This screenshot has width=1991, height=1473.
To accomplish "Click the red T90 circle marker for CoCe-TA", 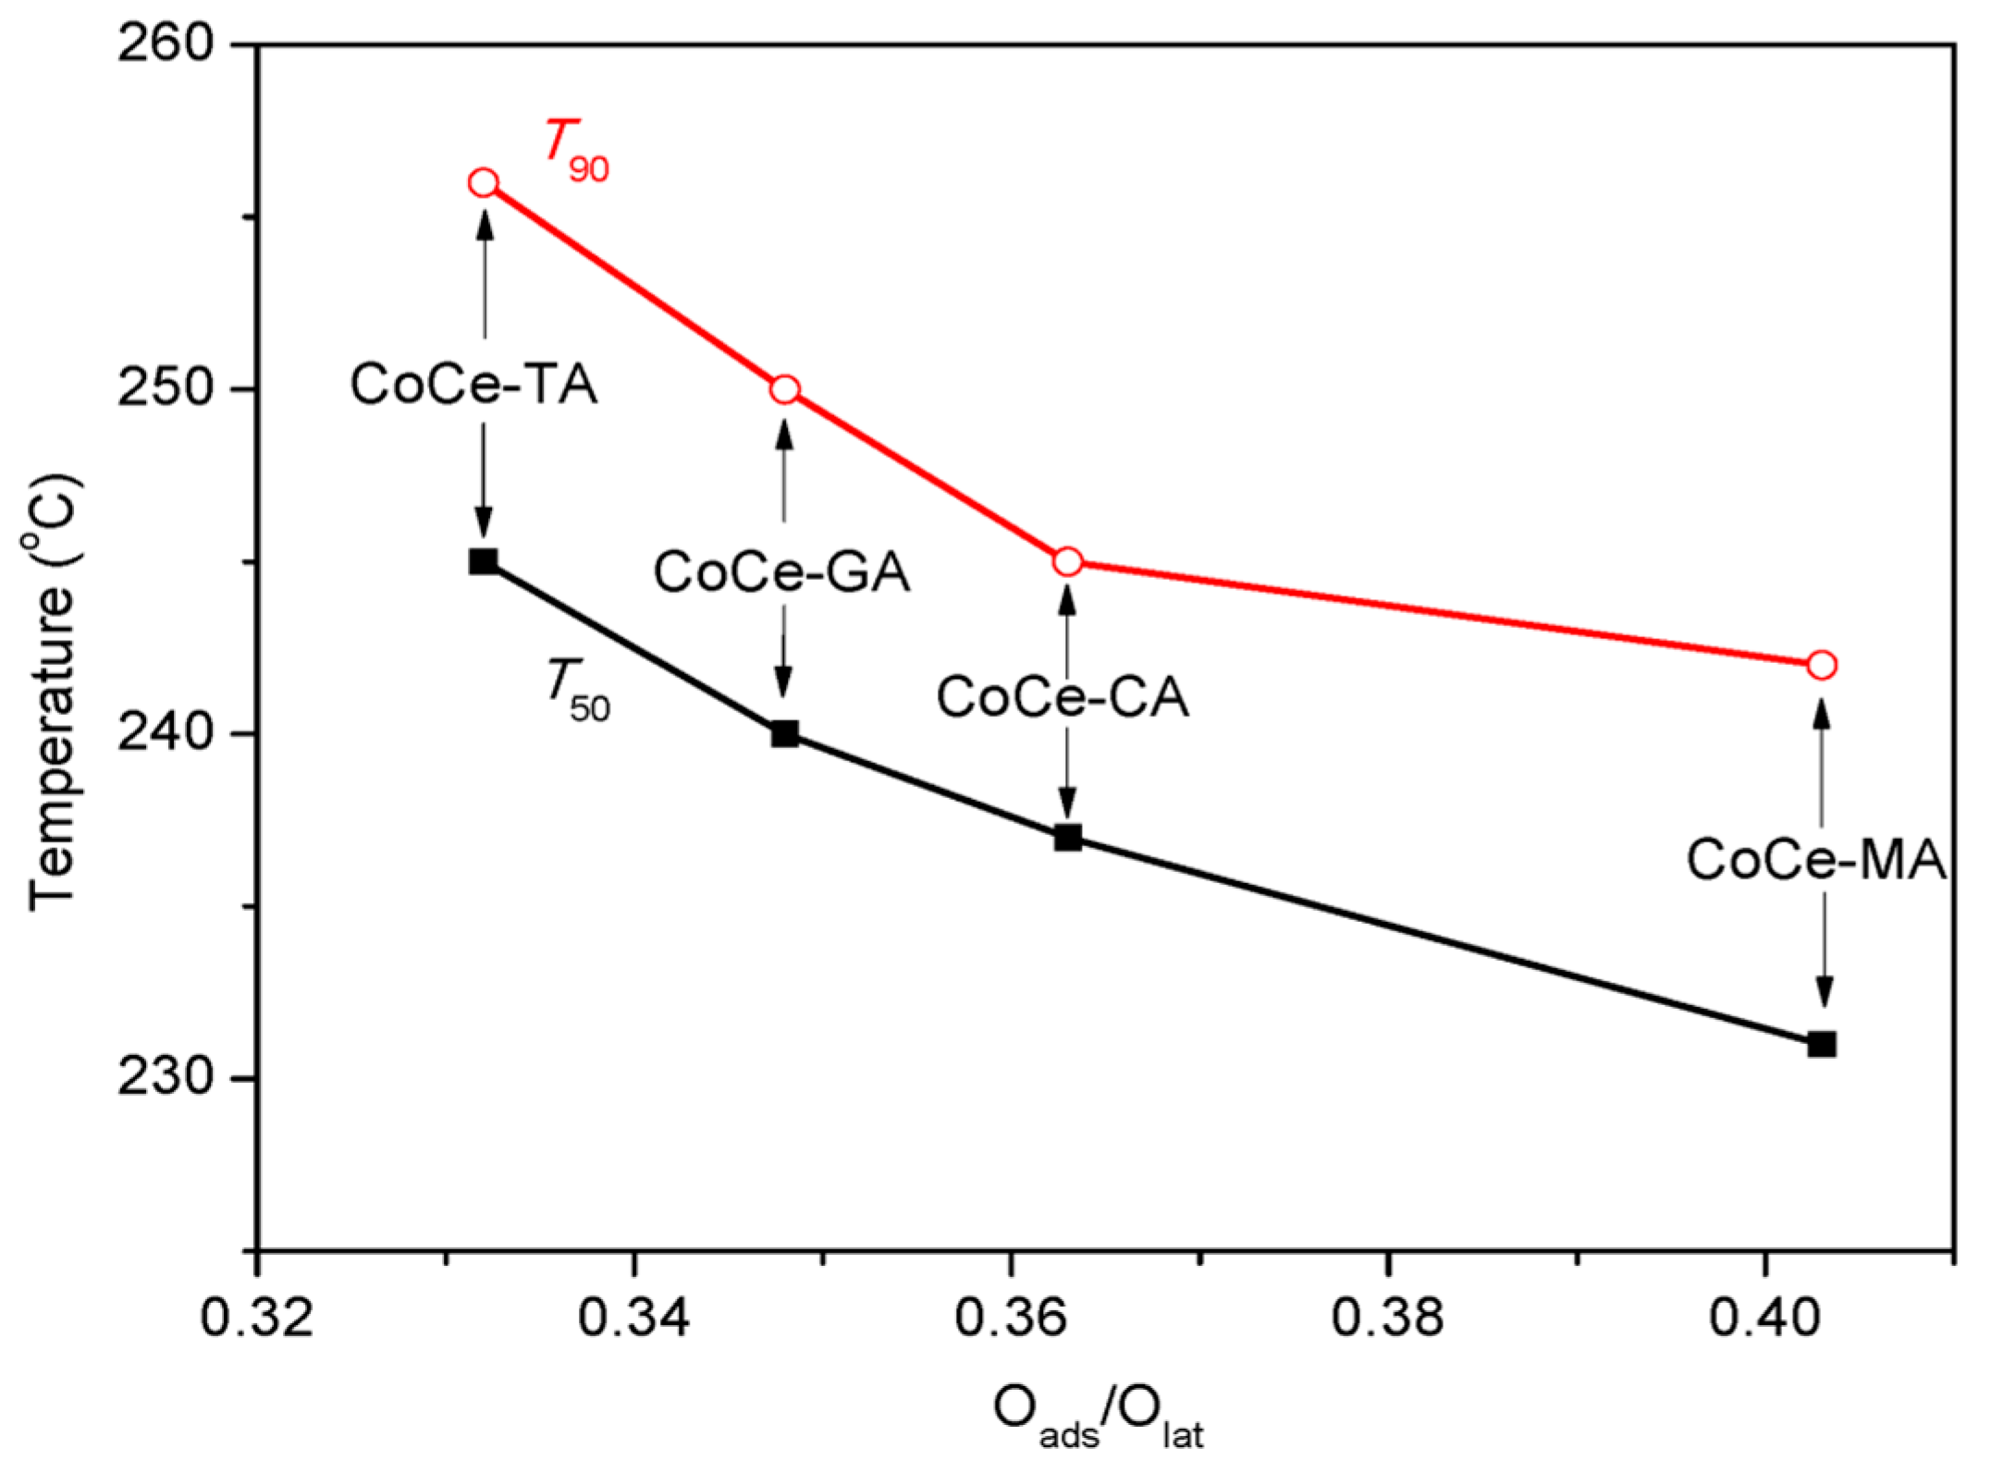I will pyautogui.click(x=484, y=183).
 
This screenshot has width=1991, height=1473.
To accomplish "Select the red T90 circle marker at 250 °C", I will pyautogui.click(x=784, y=390).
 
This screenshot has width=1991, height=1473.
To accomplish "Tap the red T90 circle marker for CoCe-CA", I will pyautogui.click(x=1067, y=561).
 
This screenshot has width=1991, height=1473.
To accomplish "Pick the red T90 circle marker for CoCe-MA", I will pyautogui.click(x=1821, y=665).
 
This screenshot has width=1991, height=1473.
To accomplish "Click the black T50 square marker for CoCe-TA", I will pyautogui.click(x=484, y=561).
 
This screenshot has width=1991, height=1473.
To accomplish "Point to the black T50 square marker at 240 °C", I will pyautogui.click(x=784, y=734).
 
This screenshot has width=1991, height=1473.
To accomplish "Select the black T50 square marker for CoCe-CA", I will pyautogui.click(x=1067, y=838).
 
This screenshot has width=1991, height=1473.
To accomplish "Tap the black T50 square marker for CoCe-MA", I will pyautogui.click(x=1821, y=1045).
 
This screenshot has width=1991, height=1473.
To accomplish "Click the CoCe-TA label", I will pyautogui.click(x=473, y=384).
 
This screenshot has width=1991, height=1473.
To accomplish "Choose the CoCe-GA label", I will pyautogui.click(x=781, y=571).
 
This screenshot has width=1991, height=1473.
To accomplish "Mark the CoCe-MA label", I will pyautogui.click(x=1815, y=859).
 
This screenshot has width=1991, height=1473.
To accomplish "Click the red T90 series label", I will pyautogui.click(x=575, y=153).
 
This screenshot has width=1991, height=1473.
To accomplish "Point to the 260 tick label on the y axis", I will pyautogui.click(x=166, y=44).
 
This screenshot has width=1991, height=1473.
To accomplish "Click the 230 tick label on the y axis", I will pyautogui.click(x=166, y=1078).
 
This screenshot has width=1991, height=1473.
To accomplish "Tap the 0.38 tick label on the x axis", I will pyautogui.click(x=1387, y=1317).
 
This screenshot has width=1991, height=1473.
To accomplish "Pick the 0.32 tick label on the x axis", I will pyautogui.click(x=257, y=1317).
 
